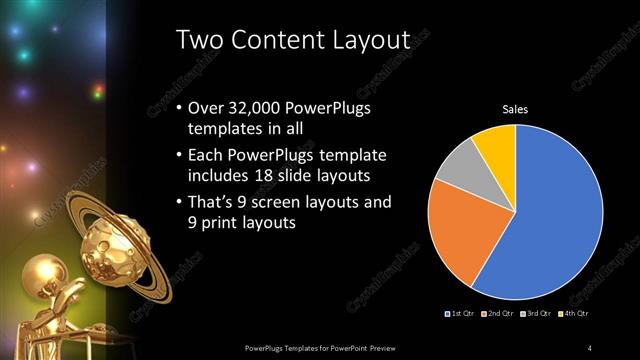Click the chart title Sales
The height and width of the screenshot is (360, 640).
click(514, 110)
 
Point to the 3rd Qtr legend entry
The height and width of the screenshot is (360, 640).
click(536, 314)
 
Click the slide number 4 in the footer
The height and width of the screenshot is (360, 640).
click(590, 347)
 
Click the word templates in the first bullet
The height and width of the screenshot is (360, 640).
click(226, 129)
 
